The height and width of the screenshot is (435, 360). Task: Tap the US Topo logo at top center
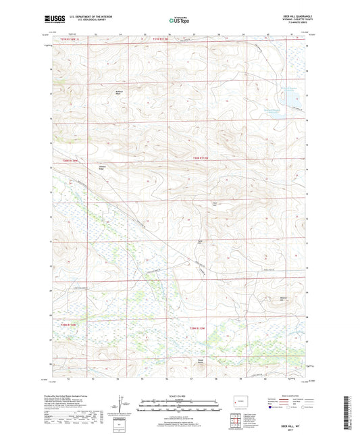179,21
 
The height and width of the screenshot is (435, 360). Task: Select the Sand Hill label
200,242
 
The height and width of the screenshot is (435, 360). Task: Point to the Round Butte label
200,361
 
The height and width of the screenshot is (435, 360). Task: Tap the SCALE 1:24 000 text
180,395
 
